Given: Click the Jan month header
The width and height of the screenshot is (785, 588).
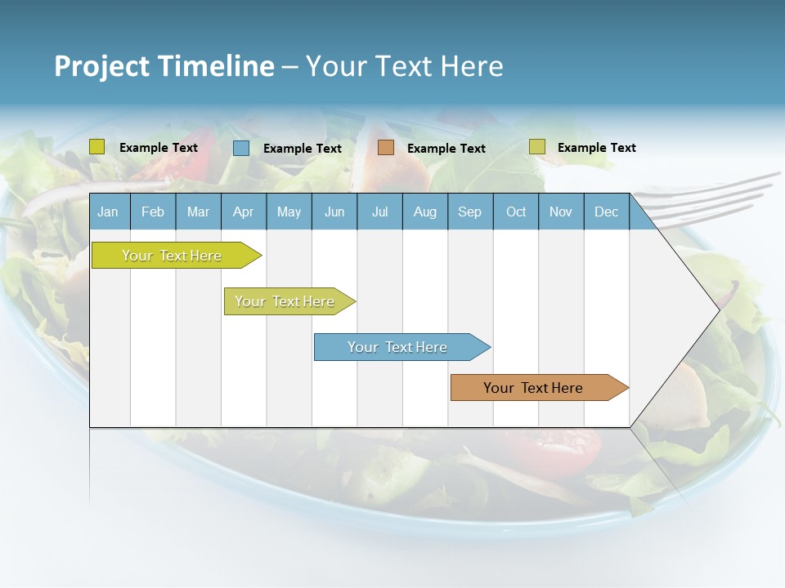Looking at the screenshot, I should (x=108, y=212).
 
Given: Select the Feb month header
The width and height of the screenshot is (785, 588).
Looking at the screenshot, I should (x=153, y=212).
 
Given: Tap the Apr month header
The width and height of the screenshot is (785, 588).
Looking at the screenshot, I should (x=243, y=212).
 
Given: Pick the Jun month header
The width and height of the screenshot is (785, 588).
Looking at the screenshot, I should (x=334, y=212).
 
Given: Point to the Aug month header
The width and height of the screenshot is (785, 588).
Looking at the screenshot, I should (x=425, y=212).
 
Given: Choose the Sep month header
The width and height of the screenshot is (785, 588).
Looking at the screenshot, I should (x=469, y=212).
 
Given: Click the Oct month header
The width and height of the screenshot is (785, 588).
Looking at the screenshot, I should (x=516, y=212).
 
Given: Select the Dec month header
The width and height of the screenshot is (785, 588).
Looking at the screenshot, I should (x=606, y=212).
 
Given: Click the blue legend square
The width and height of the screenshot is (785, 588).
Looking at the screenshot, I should (x=241, y=148).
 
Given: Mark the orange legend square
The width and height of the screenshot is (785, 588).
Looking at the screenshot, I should (x=386, y=148).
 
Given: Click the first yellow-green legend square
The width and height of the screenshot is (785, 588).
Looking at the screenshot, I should (x=97, y=147).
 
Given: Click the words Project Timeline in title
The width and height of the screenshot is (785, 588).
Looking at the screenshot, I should (x=164, y=66).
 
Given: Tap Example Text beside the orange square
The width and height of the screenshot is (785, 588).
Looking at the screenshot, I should (x=446, y=149).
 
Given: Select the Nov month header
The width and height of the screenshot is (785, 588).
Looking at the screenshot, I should (x=561, y=212).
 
